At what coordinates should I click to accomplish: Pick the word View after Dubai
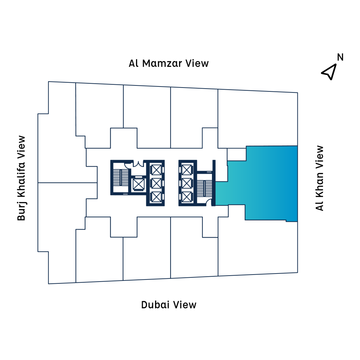click(184, 304)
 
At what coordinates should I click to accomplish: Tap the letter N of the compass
click(340, 57)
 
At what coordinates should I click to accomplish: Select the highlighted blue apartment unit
click(267, 183)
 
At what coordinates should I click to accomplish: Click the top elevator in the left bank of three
click(156, 170)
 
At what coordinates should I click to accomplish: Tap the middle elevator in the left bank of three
click(156, 183)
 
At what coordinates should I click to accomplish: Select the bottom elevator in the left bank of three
click(156, 197)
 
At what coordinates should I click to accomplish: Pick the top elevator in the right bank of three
click(187, 170)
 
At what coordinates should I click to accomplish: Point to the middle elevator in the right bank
click(187, 183)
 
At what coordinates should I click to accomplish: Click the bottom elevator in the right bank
click(187, 197)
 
